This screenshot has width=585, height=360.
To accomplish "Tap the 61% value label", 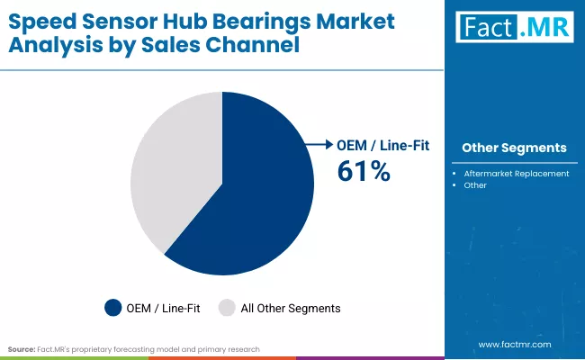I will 364,171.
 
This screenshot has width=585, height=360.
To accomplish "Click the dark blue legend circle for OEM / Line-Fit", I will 113,308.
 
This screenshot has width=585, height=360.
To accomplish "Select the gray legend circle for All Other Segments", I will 226,308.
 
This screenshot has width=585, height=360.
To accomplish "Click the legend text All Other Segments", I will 291,308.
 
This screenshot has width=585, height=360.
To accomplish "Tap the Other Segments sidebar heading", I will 514,148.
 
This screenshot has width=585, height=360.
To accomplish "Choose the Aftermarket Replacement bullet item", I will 517,173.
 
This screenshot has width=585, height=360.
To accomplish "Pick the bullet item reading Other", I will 475,185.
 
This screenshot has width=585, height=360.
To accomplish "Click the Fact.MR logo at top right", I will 514,29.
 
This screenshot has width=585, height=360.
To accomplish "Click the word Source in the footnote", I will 21,348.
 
